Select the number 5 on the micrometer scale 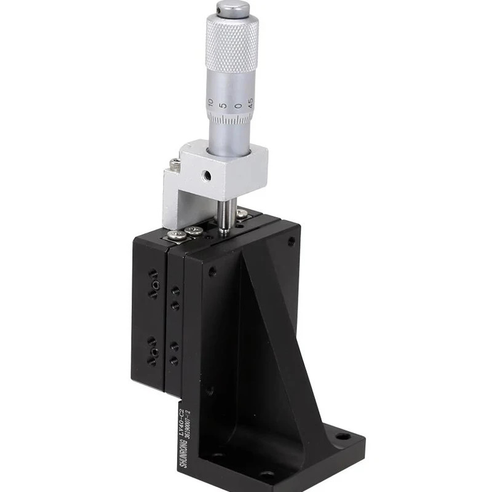(x=224, y=105)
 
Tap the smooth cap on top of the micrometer (x=233, y=8)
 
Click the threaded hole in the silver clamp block (x=209, y=175)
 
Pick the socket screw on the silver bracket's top (x=176, y=165)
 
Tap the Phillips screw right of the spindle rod (x=242, y=213)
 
